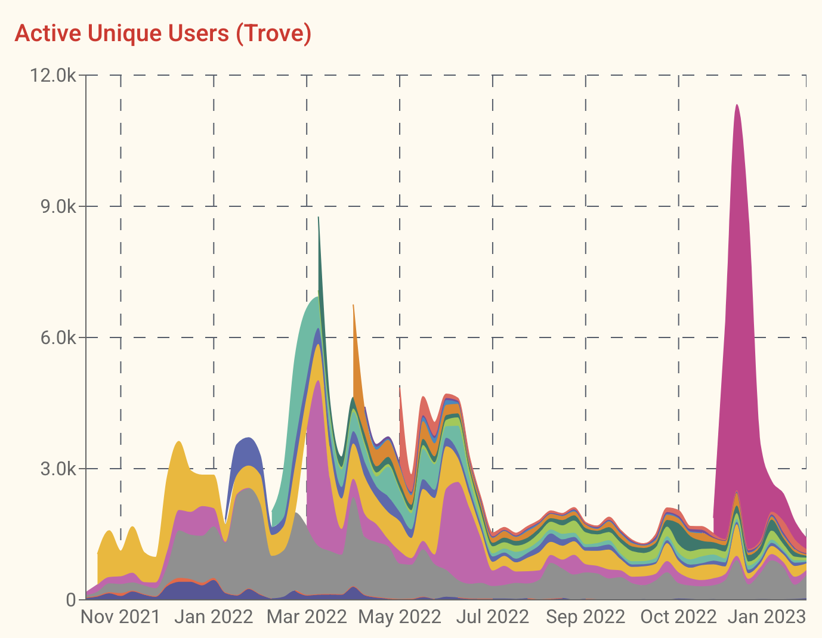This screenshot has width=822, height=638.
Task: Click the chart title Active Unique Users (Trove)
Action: [x=163, y=33]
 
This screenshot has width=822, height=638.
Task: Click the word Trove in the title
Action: [x=273, y=33]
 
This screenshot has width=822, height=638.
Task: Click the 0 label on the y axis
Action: [x=70, y=600]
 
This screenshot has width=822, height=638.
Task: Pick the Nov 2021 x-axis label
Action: [x=120, y=617]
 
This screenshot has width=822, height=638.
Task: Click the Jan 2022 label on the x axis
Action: [x=214, y=617]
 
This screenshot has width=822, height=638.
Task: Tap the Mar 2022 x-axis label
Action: [x=307, y=617]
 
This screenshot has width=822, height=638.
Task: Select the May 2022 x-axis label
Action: [x=400, y=617]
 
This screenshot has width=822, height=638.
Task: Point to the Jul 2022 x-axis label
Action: [x=493, y=617]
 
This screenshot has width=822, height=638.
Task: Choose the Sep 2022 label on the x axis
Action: [x=586, y=617]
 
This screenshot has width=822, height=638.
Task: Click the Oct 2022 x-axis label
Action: [x=679, y=617]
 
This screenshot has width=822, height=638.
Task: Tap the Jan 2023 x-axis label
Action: [x=767, y=617]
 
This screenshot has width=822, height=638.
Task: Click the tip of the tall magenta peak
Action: [x=737, y=106]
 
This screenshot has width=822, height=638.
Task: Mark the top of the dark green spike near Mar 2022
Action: [x=319, y=218]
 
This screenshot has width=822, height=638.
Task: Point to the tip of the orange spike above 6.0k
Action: [x=353, y=305]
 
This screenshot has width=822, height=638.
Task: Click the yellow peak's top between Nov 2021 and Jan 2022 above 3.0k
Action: [x=179, y=442]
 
